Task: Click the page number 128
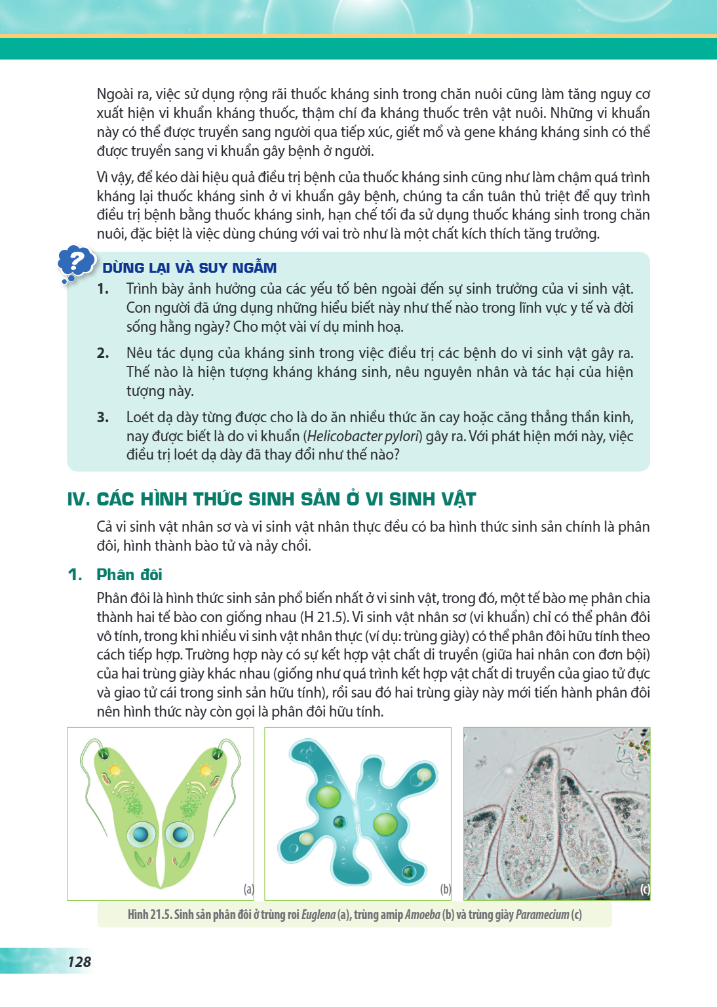tap(79, 962)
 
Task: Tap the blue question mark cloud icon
tap(76, 264)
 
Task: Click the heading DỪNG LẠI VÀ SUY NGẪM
tap(189, 268)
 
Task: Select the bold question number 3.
tap(103, 417)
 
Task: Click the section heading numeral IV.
tap(79, 499)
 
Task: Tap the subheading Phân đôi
tap(130, 574)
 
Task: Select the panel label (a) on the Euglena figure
tap(248, 889)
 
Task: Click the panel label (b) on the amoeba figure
tap(445, 889)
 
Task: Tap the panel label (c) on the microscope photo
tap(645, 889)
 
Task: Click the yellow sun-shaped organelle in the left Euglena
tap(115, 770)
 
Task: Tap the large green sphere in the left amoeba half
tap(328, 796)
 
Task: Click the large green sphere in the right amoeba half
tap(385, 824)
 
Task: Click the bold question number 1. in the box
tap(103, 288)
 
